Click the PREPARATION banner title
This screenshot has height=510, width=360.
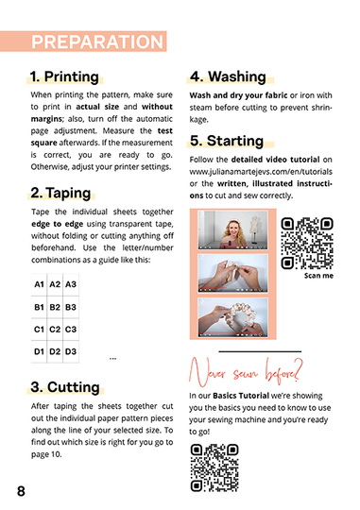point(97,42)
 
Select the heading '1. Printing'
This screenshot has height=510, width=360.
point(64,76)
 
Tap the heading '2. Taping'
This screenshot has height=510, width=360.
point(60,193)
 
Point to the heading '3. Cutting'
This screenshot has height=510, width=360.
point(65,387)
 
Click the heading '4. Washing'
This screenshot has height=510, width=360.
point(228,76)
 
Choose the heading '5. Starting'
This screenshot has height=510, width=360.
point(227,141)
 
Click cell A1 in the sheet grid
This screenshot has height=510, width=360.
point(39,284)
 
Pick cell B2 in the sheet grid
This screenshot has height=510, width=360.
point(55,307)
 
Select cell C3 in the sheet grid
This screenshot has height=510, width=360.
point(71,330)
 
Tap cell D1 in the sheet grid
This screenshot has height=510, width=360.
point(39,351)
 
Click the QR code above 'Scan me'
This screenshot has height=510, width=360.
point(307,243)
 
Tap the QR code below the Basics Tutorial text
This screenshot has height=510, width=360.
point(214,467)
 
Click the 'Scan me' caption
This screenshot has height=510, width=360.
point(318,276)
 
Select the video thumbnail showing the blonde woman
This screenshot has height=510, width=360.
point(233,229)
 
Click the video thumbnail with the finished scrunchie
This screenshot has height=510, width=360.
point(233,317)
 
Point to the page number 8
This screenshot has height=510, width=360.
point(21,491)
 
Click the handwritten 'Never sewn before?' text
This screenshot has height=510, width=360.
point(246,372)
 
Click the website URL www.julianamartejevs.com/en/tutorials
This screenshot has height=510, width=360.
point(261,171)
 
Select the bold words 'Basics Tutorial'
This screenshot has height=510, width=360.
point(241,396)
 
